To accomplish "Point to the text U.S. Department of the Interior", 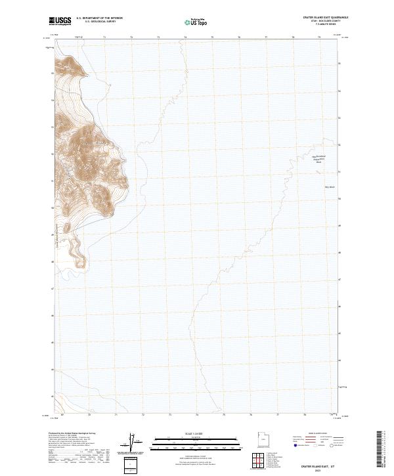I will tap(99, 18).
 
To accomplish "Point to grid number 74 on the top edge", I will tap(185, 37).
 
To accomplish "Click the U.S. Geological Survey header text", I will tap(99, 22).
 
